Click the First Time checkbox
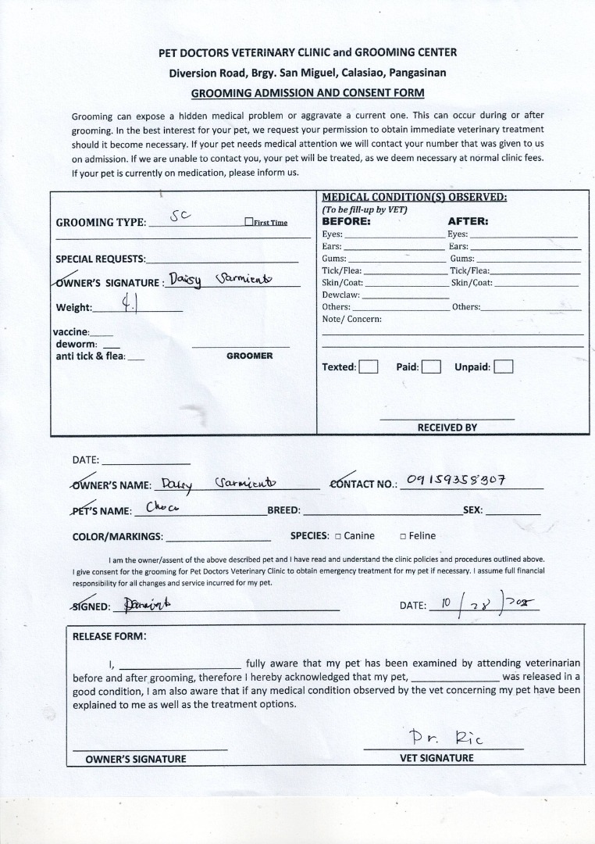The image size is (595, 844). (248, 222)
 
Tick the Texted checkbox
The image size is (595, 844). (369, 367)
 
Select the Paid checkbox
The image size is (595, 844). (431, 367)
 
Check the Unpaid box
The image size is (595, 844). (504, 367)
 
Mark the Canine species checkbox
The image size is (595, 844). (337, 536)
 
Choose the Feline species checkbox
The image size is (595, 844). (403, 536)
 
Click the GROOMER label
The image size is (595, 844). (249, 356)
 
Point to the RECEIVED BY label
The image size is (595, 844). (447, 427)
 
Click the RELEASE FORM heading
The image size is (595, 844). (109, 635)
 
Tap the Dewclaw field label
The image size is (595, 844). (340, 295)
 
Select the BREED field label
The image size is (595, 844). (283, 510)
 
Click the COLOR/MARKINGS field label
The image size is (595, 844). (117, 537)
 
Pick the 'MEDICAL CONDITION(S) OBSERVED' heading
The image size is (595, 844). (414, 197)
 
